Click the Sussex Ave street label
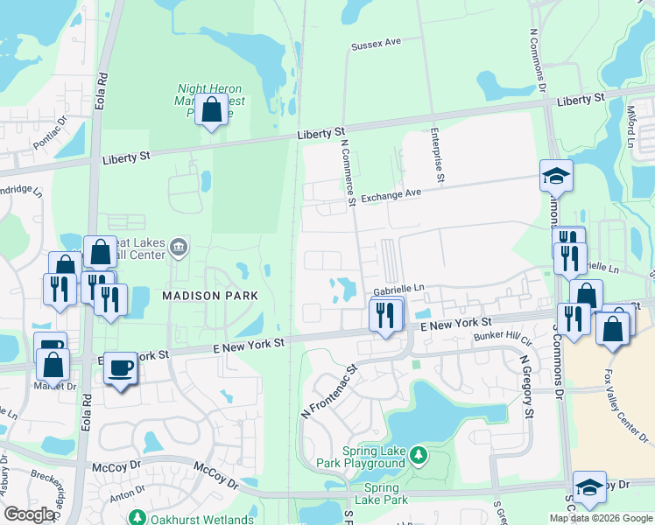pyautogui.click(x=375, y=43)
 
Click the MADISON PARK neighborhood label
pyautogui.click(x=210, y=296)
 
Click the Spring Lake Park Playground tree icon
pyautogui.click(x=419, y=454)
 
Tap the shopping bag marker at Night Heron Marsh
pyautogui.click(x=211, y=111)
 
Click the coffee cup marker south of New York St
pyautogui.click(x=121, y=367)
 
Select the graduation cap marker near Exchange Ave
pyautogui.click(x=556, y=176)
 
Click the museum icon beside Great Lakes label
pyautogui.click(x=179, y=248)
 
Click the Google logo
pyautogui.click(x=29, y=514)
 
